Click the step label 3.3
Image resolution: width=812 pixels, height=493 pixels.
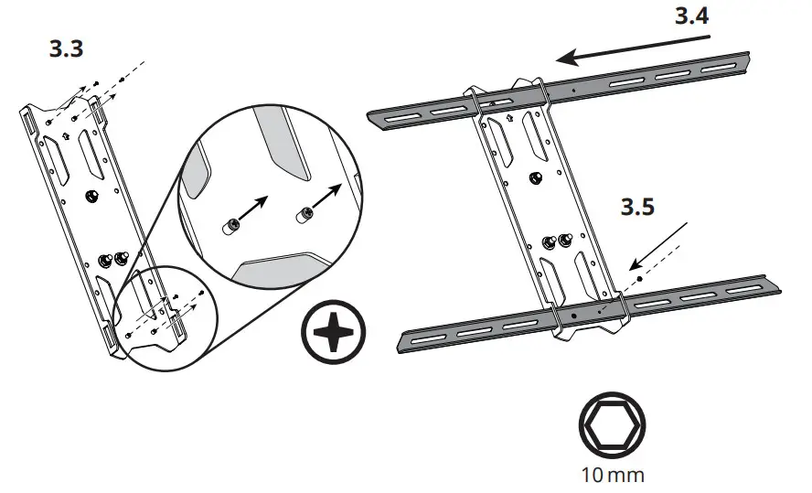pyautogui.click(x=67, y=49)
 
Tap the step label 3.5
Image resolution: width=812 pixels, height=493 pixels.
pyautogui.click(x=637, y=208)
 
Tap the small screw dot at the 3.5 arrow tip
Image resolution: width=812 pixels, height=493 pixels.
pyautogui.click(x=639, y=271)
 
